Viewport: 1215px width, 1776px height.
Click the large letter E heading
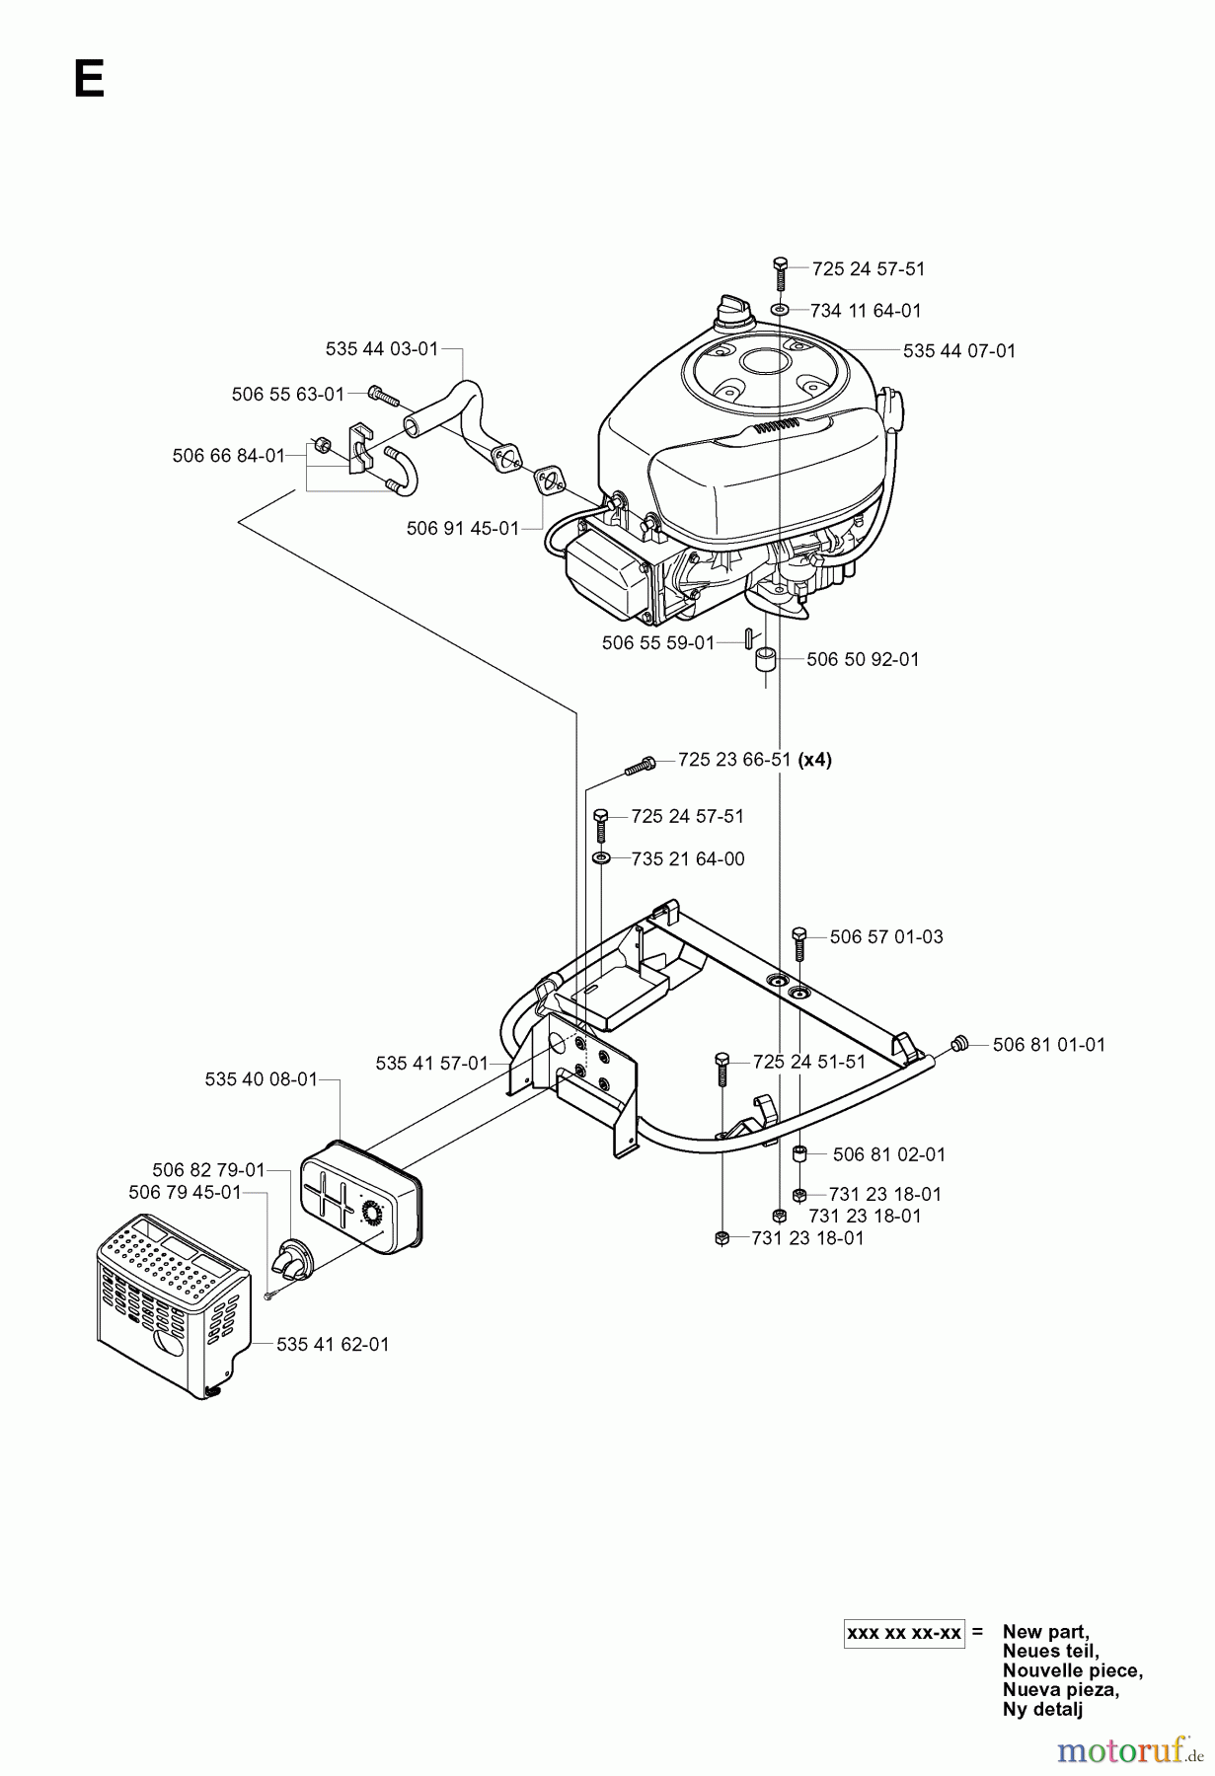click(x=89, y=79)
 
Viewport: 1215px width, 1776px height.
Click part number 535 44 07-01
click(x=958, y=350)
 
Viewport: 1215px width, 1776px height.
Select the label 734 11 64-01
click(x=865, y=310)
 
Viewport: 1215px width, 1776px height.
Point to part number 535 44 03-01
click(x=381, y=348)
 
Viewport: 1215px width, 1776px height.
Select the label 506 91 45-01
click(x=462, y=528)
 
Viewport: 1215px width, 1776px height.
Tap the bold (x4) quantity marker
click(x=815, y=760)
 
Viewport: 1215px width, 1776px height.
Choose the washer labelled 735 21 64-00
click(x=601, y=858)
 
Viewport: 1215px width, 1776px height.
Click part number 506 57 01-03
click(x=886, y=936)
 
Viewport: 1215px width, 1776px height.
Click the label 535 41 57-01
click(x=431, y=1063)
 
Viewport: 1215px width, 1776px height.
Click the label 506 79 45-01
click(x=185, y=1192)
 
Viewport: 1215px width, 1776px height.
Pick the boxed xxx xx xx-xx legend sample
click(x=904, y=1633)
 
